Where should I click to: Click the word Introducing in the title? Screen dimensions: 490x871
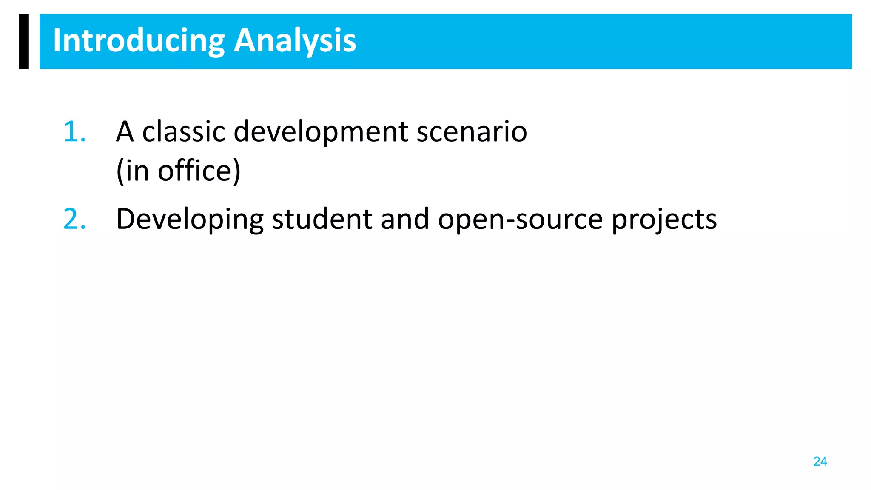[138, 41]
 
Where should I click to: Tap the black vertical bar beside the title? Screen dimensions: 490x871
[24, 41]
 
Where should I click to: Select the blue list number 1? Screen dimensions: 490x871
[74, 131]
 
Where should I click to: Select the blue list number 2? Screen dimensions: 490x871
[74, 219]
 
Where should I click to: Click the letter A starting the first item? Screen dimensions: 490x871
[125, 131]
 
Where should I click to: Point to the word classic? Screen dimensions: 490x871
[183, 131]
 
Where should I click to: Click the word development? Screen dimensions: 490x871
[321, 131]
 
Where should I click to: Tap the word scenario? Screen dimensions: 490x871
[472, 131]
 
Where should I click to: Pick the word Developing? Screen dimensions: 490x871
[190, 219]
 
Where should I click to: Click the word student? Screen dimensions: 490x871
[322, 219]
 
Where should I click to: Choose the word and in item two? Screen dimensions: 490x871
[405, 219]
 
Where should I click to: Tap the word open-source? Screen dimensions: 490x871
[520, 219]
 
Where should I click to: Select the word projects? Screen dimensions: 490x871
[664, 219]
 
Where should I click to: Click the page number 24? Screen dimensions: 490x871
[820, 462]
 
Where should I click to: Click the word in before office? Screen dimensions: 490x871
[137, 171]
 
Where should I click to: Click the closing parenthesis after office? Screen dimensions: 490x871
[236, 171]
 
